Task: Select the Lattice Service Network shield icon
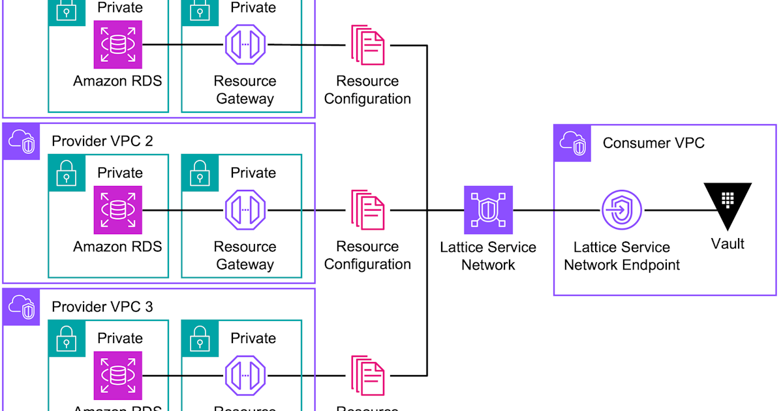(488, 210)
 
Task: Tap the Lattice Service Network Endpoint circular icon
(621, 211)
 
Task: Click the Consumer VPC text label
(653, 143)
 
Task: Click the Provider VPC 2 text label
(102, 141)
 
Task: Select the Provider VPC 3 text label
(102, 307)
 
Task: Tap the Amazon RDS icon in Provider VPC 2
(117, 210)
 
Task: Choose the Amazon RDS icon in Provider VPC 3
(117, 376)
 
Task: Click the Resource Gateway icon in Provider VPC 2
(245, 210)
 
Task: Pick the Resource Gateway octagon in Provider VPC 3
(245, 376)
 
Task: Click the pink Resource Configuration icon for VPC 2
(367, 210)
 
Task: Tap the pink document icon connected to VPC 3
(367, 376)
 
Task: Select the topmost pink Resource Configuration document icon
(367, 45)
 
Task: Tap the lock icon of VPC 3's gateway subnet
(199, 338)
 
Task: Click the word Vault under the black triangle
(728, 244)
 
